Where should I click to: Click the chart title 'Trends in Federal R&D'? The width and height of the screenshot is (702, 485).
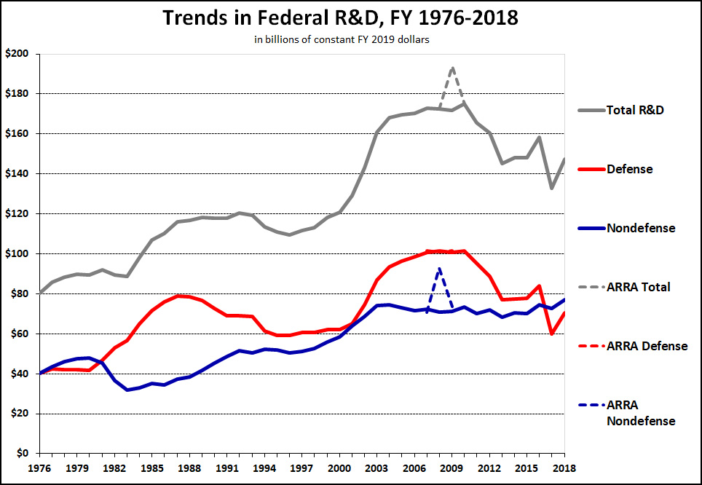[340, 17]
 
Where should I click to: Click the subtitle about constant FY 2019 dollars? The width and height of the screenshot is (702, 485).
[342, 40]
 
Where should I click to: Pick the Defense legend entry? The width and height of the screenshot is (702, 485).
[631, 169]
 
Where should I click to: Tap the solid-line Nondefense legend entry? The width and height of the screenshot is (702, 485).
[640, 228]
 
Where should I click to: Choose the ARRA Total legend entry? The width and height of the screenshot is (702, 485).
[638, 287]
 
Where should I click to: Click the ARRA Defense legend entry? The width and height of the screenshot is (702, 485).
[647, 346]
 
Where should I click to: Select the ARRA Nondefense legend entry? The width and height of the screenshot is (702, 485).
[640, 413]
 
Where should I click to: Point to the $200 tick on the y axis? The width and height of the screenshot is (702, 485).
[17, 54]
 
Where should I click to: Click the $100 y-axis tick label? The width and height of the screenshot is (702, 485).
[17, 253]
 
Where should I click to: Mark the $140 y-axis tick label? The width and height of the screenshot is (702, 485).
[17, 173]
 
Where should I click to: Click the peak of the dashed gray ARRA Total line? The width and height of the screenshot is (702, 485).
[452, 68]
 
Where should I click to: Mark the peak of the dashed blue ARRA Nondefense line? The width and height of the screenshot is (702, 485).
[439, 268]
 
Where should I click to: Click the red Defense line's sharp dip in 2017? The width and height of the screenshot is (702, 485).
[552, 334]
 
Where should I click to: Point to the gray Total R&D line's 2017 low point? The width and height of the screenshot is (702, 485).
[552, 188]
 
